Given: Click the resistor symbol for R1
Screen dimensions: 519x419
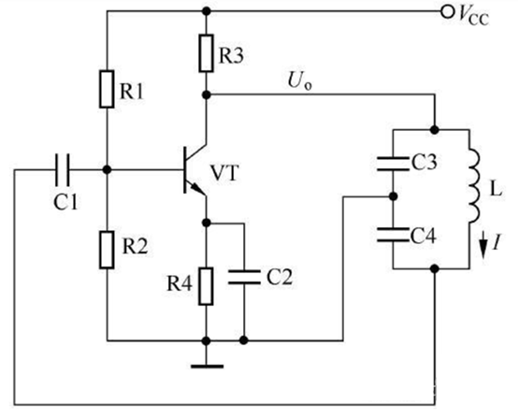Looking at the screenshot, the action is [x=107, y=89].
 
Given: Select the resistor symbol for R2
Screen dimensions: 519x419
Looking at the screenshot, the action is [x=107, y=250].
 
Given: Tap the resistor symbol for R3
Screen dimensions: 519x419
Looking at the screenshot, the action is [x=206, y=53].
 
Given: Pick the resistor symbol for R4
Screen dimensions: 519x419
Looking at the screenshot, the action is [x=206, y=286].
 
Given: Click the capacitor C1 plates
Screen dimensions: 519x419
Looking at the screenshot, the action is [x=63, y=170].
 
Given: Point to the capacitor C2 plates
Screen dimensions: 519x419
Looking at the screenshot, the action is [x=244, y=278].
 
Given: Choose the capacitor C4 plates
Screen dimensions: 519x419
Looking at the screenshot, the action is [x=393, y=235].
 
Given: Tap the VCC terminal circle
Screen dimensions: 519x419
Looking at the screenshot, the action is [x=447, y=12].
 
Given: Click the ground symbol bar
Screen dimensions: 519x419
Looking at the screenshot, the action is [x=208, y=366].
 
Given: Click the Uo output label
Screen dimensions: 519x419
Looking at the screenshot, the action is [x=300, y=81].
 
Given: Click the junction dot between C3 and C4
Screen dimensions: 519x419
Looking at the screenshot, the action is [x=393, y=196].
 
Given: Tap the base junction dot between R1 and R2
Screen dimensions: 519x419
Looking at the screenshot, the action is [x=107, y=170].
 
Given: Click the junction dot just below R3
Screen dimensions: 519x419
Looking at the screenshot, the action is [x=207, y=95].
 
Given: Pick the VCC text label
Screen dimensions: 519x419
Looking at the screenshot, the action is [x=473, y=17].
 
